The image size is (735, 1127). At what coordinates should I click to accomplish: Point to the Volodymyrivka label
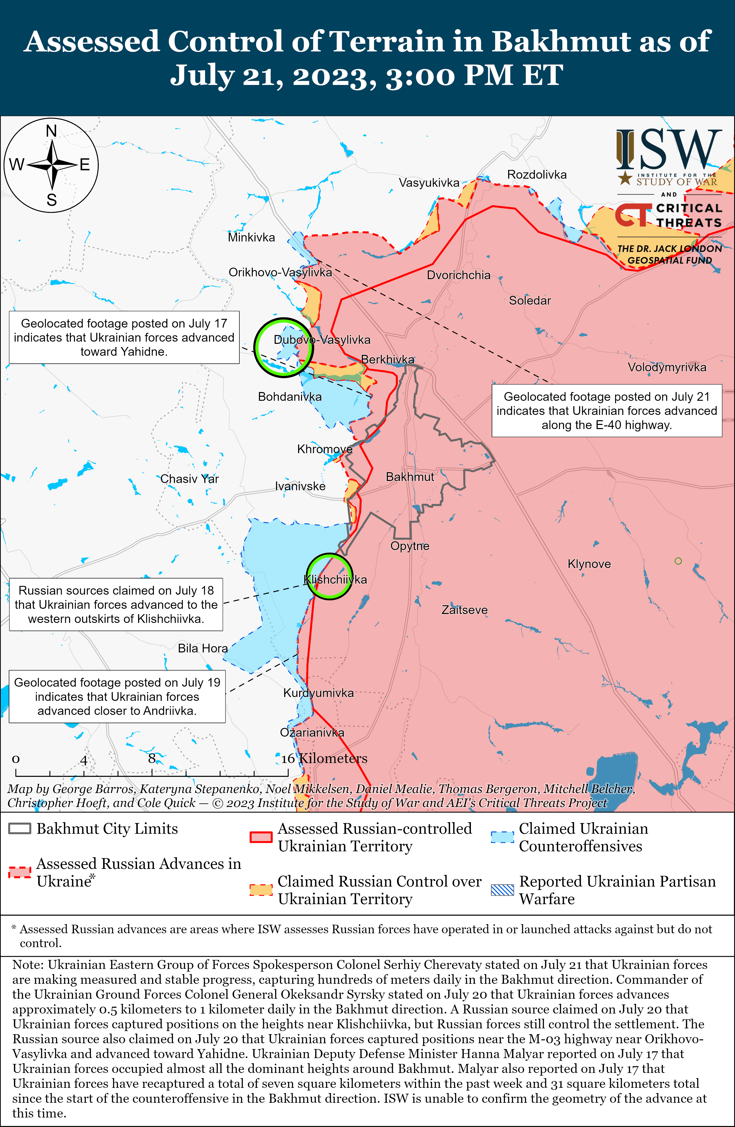coord(667,367)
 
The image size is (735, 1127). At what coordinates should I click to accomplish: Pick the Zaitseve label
coord(465,610)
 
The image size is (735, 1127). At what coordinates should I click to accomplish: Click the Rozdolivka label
coord(537,175)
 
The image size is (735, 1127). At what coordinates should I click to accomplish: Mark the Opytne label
coord(409,546)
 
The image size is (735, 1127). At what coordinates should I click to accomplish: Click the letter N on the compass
coord(51,131)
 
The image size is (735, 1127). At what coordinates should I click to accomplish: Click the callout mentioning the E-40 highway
coord(607,410)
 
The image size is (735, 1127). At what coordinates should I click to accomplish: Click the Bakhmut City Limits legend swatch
coord(20,828)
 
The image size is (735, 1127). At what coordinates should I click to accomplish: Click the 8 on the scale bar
coord(152,759)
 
